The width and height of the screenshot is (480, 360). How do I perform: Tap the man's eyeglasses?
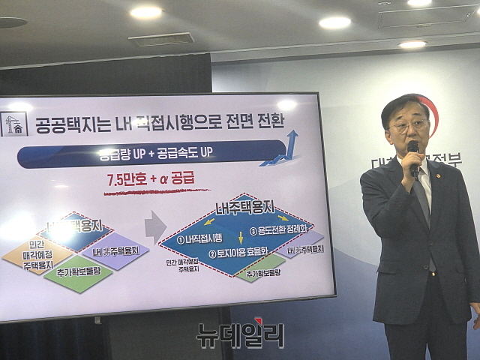tap(408, 125)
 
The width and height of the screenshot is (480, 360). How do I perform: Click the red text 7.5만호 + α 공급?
tap(150, 180)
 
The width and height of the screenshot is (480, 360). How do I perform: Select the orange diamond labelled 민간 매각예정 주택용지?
tap(37, 255)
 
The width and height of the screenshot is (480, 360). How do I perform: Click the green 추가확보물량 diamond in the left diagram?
tap(78, 273)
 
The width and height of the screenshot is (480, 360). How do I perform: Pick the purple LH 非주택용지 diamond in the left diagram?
tap(109, 250)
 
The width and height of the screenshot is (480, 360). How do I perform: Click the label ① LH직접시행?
tap(207, 240)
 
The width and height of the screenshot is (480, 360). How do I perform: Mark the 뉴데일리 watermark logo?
tap(240, 334)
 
